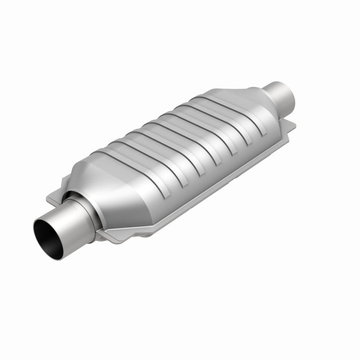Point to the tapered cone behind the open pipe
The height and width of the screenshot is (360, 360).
click(112, 198)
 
